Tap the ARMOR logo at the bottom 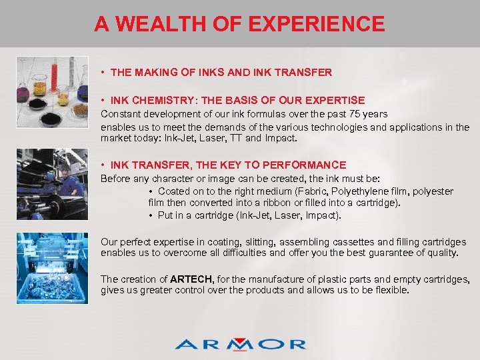[x=240, y=344]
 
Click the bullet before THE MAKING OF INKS [x=103, y=72]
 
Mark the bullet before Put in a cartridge [x=151, y=215]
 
